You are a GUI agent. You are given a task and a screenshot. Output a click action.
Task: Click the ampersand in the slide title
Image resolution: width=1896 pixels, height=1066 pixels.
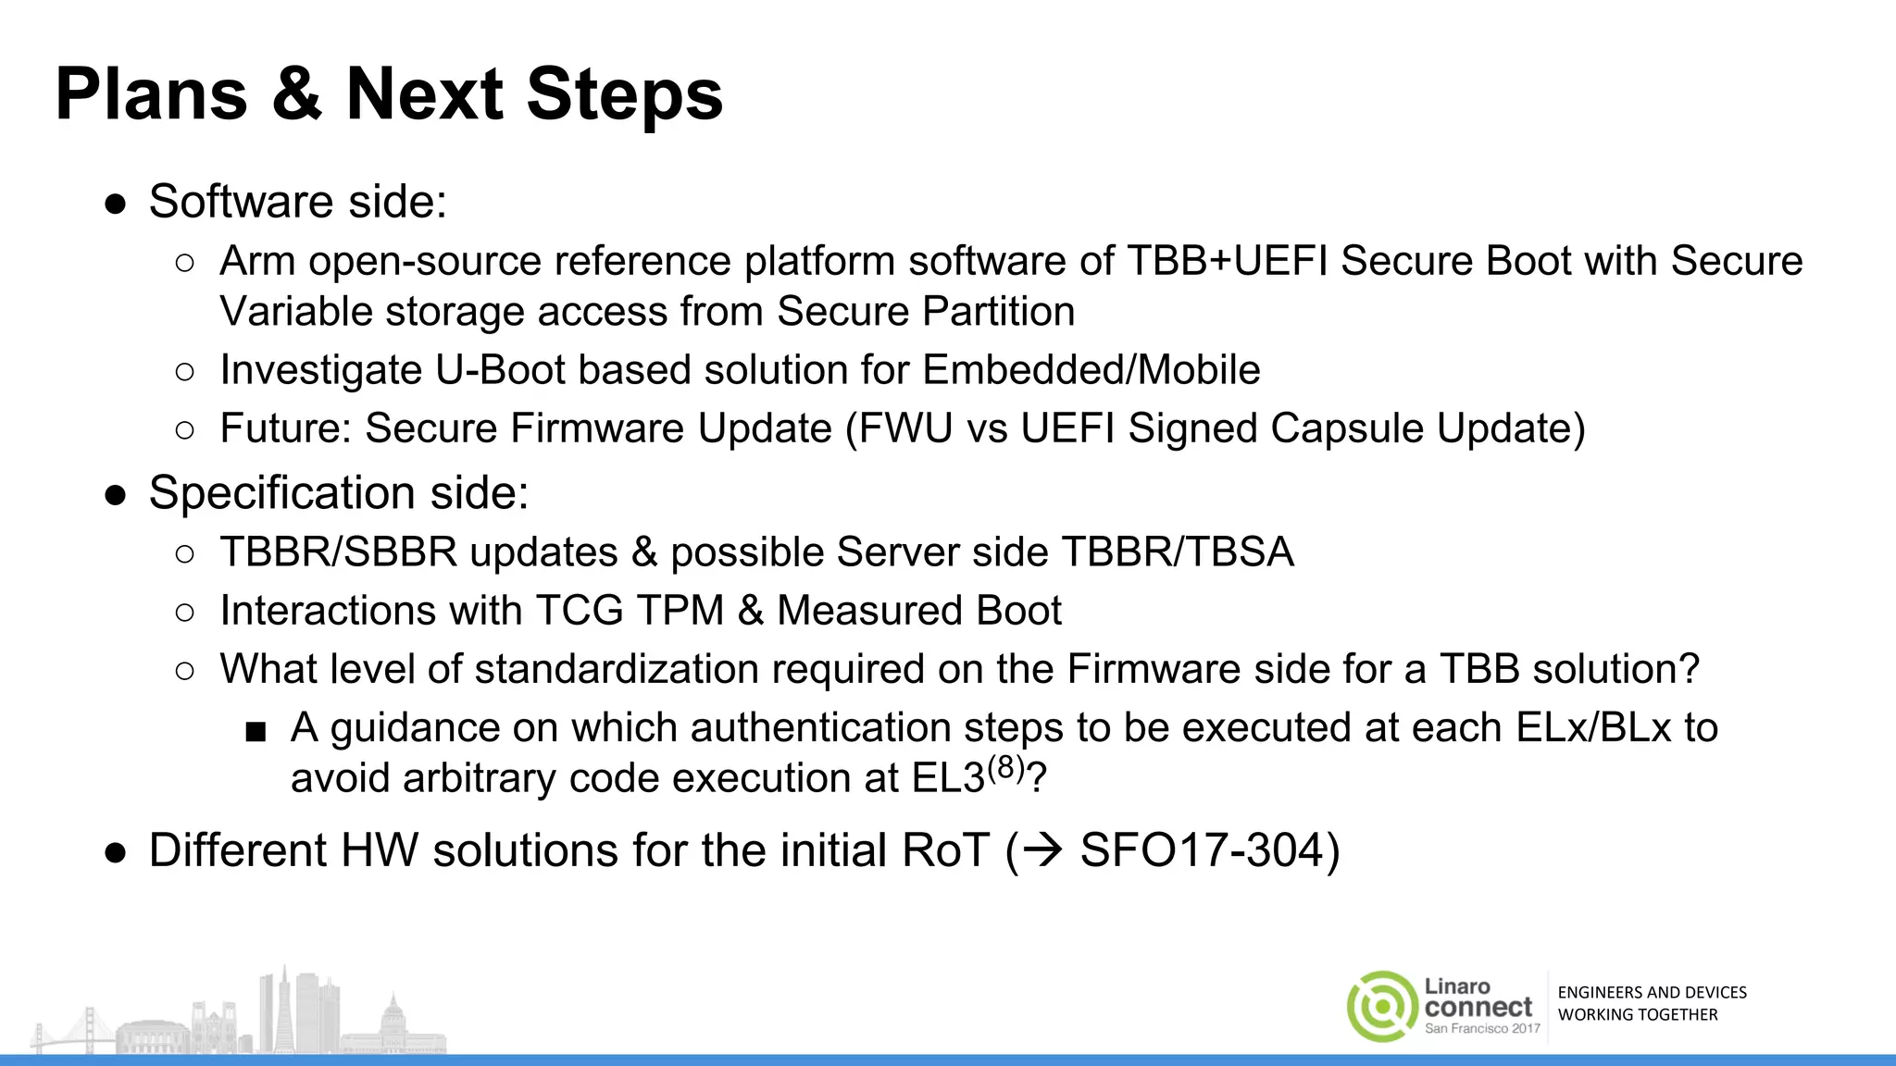pyautogui.click(x=297, y=94)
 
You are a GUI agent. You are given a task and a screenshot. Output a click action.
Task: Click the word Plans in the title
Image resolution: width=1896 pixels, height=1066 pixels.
pyautogui.click(x=151, y=94)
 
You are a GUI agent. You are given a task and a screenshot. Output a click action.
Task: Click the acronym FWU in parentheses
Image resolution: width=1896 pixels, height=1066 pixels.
pyautogui.click(x=906, y=428)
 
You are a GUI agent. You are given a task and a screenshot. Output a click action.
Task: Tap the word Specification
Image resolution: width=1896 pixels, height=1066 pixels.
pyautogui.click(x=281, y=493)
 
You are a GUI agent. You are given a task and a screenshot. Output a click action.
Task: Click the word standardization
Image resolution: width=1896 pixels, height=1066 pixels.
pyautogui.click(x=617, y=669)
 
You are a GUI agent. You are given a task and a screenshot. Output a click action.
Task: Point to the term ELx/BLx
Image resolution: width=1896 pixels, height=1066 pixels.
pyautogui.click(x=1593, y=728)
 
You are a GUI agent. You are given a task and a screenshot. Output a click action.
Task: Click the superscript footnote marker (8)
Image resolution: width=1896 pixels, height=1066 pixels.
pyautogui.click(x=1006, y=768)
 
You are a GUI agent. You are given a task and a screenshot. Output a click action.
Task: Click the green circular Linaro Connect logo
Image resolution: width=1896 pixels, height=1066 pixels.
pyautogui.click(x=1381, y=1007)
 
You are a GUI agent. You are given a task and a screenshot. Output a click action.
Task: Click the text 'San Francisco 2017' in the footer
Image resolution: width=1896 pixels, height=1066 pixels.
pyautogui.click(x=1482, y=1028)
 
